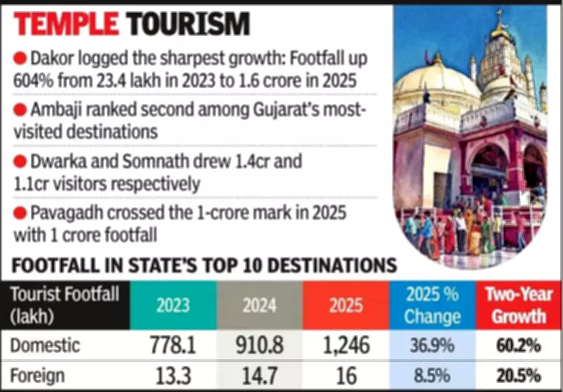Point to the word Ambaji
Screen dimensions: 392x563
57,111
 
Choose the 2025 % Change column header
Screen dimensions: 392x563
431,305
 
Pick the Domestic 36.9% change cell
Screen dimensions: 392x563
431,346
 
